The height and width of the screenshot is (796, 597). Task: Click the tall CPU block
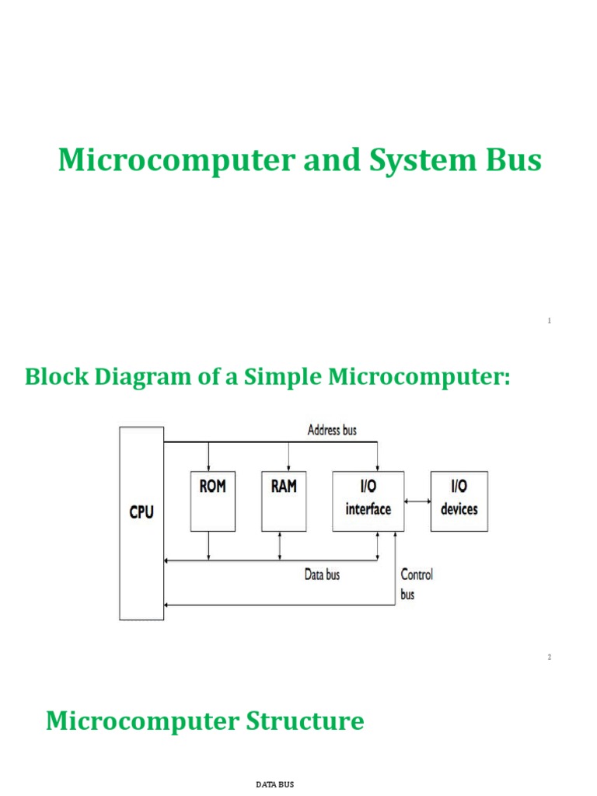point(141,522)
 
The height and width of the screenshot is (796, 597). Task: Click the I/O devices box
point(459,501)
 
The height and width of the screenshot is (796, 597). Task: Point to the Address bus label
point(332,429)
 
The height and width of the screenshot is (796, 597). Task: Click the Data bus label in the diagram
point(321,575)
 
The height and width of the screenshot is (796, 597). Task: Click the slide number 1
point(549,321)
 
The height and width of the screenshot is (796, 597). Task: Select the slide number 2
point(549,657)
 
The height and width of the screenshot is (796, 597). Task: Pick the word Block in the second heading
point(58,378)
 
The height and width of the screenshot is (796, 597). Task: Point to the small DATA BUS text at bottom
point(276,785)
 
